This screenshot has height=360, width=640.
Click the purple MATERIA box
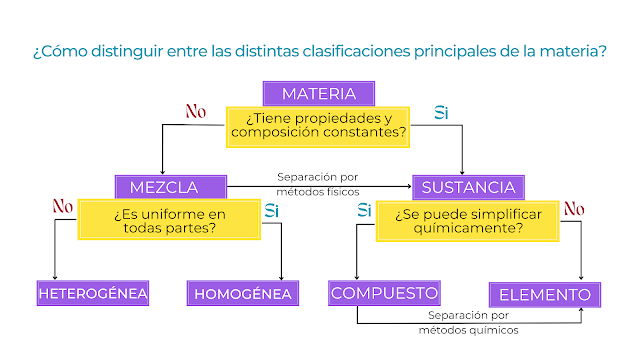click(x=319, y=93)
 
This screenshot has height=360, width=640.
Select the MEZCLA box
click(x=171, y=187)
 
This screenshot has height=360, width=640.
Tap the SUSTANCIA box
click(x=468, y=187)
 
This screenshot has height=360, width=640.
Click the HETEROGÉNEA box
click(x=93, y=293)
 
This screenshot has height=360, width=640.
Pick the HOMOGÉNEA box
click(x=243, y=293)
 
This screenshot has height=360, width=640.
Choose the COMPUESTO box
click(x=384, y=293)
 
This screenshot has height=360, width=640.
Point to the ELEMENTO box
click(x=545, y=294)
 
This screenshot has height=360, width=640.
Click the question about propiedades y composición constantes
click(x=318, y=127)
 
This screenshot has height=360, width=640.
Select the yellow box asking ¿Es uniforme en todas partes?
click(x=169, y=220)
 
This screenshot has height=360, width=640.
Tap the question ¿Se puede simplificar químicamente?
click(x=467, y=221)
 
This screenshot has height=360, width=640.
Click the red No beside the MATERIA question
click(x=196, y=111)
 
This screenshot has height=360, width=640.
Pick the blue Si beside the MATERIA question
click(x=441, y=113)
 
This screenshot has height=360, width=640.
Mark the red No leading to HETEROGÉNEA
click(x=63, y=206)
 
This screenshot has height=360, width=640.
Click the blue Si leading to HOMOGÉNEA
click(x=271, y=211)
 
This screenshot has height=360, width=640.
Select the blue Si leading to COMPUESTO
click(x=364, y=210)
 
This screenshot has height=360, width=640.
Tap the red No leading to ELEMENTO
click(x=574, y=209)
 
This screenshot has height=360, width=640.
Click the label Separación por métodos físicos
click(x=318, y=184)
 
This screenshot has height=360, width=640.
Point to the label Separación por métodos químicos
click(x=469, y=322)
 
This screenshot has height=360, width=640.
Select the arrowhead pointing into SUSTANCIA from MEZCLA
click(x=409, y=187)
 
